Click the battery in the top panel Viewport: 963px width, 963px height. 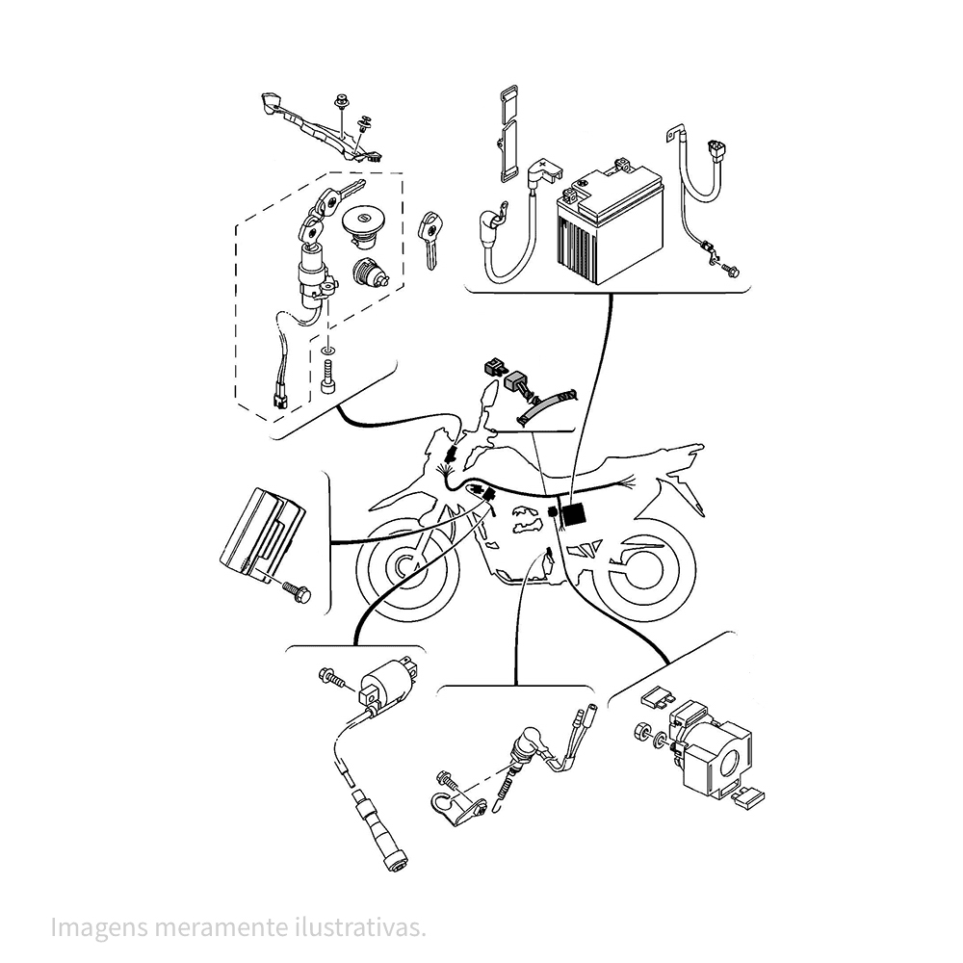click(610, 221)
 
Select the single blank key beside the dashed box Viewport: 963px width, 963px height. click(430, 241)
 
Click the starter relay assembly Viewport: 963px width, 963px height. click(712, 748)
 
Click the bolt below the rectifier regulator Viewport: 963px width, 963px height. click(297, 592)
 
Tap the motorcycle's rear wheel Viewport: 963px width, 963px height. click(644, 569)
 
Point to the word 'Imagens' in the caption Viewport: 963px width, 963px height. click(98, 928)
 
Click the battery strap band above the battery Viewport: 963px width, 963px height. click(507, 134)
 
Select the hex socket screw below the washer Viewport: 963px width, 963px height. click(328, 377)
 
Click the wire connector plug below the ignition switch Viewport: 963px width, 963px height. click(280, 401)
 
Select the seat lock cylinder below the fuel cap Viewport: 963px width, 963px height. click(369, 273)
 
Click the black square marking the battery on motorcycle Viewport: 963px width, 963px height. click(574, 514)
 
